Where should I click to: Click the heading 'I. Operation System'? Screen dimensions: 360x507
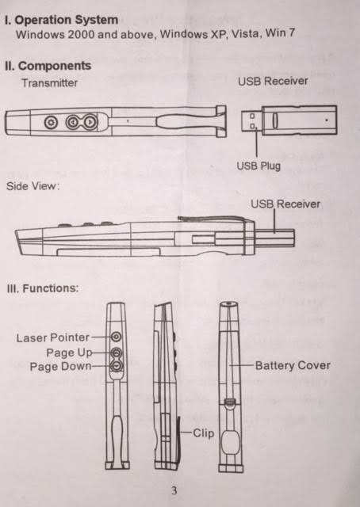point(62,20)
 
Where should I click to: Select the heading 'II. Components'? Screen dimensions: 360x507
point(48,66)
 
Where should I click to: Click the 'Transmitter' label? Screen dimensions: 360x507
point(49,83)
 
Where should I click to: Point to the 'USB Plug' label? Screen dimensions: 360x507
point(259,166)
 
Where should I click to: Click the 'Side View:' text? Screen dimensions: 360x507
point(33,186)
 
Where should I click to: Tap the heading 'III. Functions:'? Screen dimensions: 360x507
point(43,288)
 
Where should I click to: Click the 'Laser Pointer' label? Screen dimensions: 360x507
point(53,338)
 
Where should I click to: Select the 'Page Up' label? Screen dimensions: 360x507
point(69,353)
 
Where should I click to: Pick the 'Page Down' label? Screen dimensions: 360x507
point(60,367)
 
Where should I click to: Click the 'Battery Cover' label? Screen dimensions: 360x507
point(293,366)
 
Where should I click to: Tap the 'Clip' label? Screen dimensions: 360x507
point(203,433)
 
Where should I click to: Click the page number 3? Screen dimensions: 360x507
point(174,490)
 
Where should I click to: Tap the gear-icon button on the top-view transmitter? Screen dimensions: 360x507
point(51,123)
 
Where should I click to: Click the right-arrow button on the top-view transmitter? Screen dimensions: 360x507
point(90,122)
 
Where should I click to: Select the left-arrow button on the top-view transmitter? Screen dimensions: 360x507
point(73,122)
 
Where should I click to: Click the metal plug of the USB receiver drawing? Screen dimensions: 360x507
point(251,121)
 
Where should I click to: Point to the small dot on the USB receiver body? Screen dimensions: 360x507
point(327,120)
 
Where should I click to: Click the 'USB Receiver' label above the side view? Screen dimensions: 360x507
point(285,204)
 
